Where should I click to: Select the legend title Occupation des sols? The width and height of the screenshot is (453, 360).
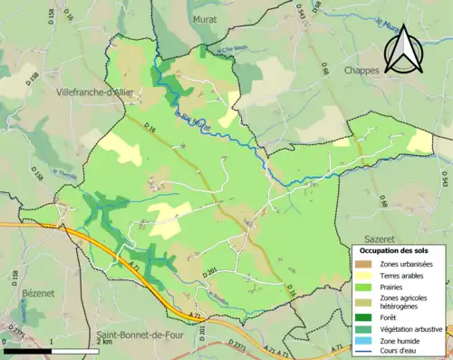[394, 249]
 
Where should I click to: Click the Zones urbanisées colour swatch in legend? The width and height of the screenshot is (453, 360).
[363, 263]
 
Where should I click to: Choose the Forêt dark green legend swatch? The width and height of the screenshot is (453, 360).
[363, 317]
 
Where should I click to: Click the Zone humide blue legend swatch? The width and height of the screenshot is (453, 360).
[363, 342]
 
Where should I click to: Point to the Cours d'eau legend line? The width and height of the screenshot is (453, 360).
[363, 353]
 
